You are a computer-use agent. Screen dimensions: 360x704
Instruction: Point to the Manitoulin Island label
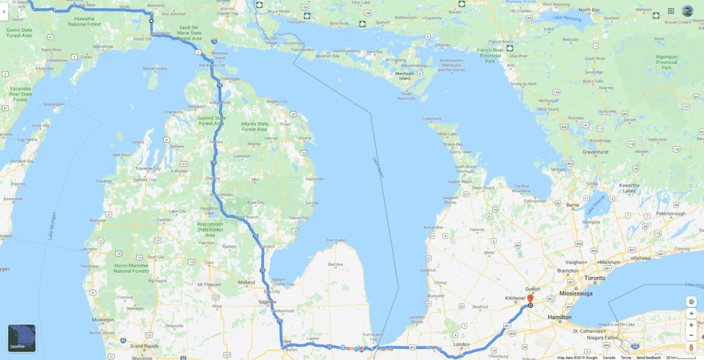[x=405, y=75]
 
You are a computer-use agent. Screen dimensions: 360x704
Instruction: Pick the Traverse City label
[x=148, y=168]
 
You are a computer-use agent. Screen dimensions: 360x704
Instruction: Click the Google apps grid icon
[x=671, y=12]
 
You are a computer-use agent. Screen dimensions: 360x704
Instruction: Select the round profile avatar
[x=687, y=12]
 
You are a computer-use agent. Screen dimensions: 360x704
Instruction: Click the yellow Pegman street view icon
[x=691, y=336]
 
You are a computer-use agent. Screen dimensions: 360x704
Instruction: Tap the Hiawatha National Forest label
[x=93, y=22]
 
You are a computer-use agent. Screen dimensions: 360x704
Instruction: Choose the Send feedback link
[x=648, y=357]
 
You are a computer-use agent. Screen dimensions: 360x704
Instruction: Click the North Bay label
[x=589, y=10]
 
